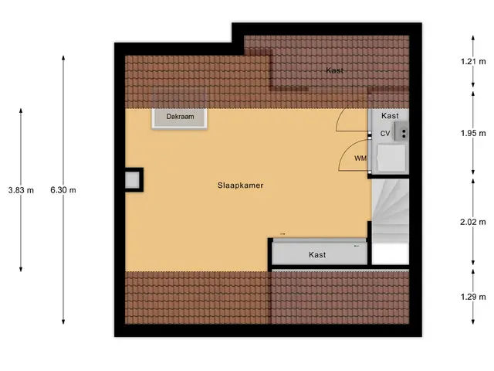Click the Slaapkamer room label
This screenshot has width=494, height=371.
(240, 185)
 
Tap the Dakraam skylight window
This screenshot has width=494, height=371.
(180, 118)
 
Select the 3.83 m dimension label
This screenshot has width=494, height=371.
(21, 190)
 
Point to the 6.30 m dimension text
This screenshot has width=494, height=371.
(63, 190)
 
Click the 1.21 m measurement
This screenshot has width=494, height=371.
(473, 62)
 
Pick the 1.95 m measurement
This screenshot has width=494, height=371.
(473, 133)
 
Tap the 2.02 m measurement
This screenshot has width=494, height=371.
(473, 222)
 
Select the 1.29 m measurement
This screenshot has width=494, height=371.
(473, 297)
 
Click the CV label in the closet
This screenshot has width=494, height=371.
(385, 134)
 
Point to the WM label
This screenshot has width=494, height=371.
(360, 158)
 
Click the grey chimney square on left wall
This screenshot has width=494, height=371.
(132, 180)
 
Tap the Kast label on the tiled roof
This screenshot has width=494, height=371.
(334, 70)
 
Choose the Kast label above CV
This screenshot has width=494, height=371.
(390, 116)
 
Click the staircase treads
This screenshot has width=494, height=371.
(391, 211)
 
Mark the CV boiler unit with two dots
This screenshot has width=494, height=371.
(401, 132)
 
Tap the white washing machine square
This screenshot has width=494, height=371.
(391, 158)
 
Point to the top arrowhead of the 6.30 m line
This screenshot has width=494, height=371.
(63, 58)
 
